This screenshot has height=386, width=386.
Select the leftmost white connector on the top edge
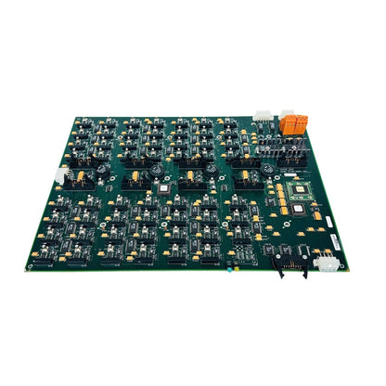262,117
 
